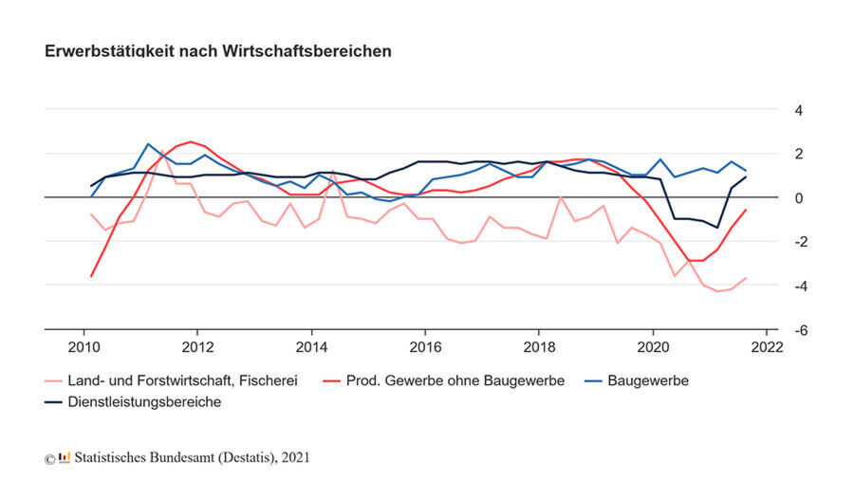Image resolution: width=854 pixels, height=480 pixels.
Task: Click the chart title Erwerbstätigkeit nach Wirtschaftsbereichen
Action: [217, 51]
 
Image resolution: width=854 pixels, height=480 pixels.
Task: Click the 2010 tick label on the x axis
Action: [84, 346]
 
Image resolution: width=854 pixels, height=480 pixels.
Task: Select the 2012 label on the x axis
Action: [197, 346]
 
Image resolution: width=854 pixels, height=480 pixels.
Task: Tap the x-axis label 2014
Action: [311, 346]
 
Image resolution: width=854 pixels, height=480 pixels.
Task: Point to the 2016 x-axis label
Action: [425, 346]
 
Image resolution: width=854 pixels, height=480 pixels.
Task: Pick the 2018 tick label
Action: [539, 346]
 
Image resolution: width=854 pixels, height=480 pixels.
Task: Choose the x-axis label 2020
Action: [653, 346]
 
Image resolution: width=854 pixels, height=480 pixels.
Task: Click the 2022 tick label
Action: [767, 346]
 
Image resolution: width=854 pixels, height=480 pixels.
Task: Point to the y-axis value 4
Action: [799, 110]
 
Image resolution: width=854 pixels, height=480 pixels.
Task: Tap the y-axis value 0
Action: [799, 197]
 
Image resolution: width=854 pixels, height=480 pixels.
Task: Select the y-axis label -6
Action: [801, 329]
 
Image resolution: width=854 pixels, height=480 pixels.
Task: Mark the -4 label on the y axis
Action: [801, 285]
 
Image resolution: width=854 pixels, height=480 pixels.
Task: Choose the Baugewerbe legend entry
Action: [647, 381]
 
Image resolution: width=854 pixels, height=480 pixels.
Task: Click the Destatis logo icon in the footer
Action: [65, 458]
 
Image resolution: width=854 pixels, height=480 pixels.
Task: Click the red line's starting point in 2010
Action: [91, 276]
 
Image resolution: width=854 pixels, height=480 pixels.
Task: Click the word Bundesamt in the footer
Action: [190, 458]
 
